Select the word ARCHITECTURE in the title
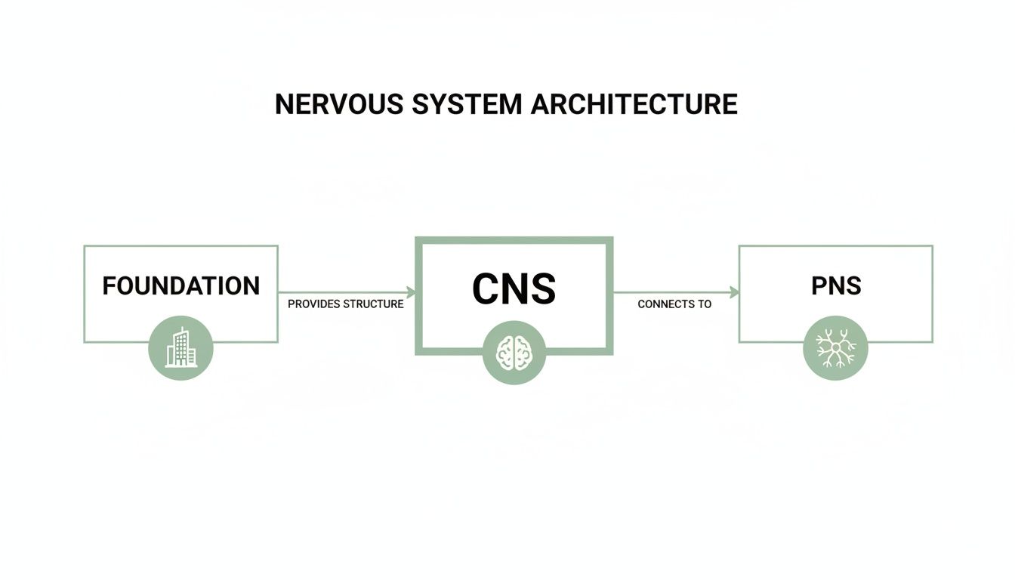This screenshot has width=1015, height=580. (634, 104)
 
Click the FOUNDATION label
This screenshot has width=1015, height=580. (180, 286)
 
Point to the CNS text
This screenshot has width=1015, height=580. (514, 288)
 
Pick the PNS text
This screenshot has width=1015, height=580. (836, 286)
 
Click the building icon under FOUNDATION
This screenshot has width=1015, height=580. (180, 347)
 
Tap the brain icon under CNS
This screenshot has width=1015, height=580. (514, 353)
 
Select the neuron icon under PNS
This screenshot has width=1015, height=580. (836, 347)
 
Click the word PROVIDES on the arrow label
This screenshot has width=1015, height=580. (314, 304)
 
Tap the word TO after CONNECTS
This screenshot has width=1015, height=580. (705, 304)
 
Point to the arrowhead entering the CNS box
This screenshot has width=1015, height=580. (411, 292)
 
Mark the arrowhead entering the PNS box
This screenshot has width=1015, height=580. (734, 292)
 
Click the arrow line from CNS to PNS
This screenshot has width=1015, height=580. (672, 292)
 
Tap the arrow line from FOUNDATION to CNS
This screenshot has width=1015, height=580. (344, 292)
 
